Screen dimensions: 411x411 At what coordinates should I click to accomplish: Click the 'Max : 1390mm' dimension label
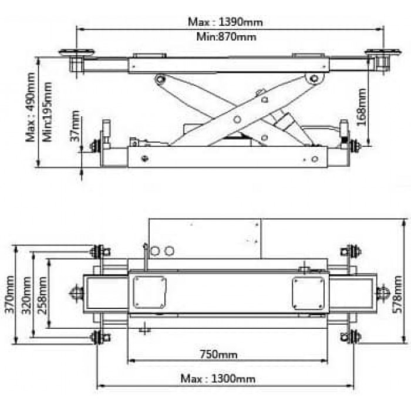point(225,22)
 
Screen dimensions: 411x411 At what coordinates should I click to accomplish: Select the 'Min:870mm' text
point(226,36)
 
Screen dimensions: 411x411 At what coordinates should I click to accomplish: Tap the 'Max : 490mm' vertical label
point(31,107)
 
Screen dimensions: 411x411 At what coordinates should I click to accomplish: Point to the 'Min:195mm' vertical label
point(47,112)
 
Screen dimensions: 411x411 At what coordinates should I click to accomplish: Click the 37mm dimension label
point(75,126)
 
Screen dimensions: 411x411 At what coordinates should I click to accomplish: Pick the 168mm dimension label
point(362,107)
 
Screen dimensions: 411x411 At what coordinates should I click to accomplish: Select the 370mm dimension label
point(10,294)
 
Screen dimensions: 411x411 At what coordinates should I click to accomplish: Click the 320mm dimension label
point(26,295)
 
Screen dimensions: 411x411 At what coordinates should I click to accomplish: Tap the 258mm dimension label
point(42,295)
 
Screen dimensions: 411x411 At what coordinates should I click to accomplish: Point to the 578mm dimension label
point(397,294)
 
